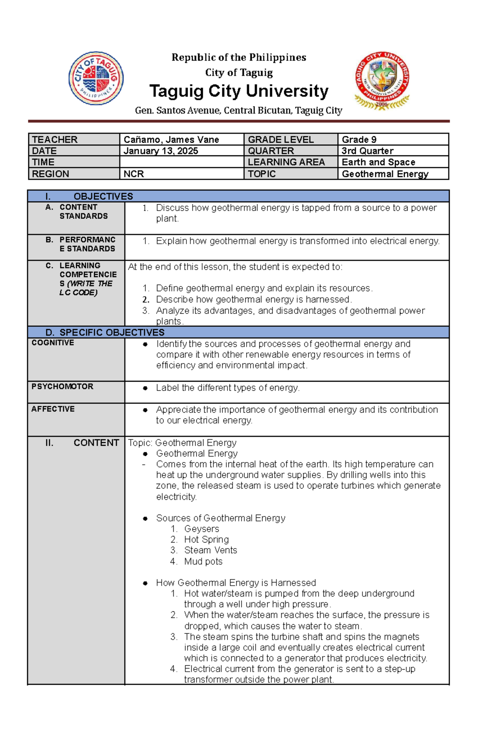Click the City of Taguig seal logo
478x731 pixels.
(96, 78)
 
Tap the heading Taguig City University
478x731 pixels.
(239, 91)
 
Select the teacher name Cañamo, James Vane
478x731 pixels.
(171, 139)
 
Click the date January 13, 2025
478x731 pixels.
(161, 151)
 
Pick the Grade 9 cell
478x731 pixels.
(359, 139)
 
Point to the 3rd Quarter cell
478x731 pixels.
(367, 151)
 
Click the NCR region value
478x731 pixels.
(133, 174)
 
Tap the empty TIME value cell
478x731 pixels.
(181, 162)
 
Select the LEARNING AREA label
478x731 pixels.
(286, 162)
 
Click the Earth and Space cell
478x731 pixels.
(378, 162)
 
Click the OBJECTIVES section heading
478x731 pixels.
(103, 196)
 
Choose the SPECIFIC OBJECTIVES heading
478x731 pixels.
(112, 333)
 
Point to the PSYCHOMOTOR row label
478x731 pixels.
(62, 386)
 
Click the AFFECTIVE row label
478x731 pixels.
(53, 409)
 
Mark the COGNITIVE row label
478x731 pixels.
(53, 343)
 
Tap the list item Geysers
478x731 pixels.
(201, 529)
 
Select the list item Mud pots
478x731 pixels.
(203, 562)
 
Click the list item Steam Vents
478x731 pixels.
(210, 551)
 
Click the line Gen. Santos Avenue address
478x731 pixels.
(239, 110)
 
